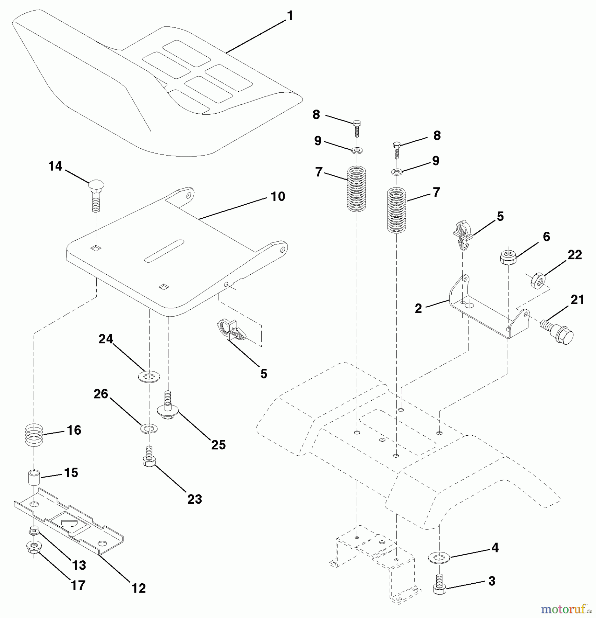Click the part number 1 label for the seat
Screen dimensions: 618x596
click(290, 16)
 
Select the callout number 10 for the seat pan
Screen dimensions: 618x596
click(278, 197)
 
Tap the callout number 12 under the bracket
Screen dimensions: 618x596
click(139, 588)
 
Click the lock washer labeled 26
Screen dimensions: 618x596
click(149, 428)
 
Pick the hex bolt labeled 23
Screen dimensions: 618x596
click(148, 458)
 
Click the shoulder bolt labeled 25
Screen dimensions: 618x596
click(167, 407)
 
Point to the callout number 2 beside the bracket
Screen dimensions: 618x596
click(418, 309)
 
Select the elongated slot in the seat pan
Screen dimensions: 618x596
click(165, 250)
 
